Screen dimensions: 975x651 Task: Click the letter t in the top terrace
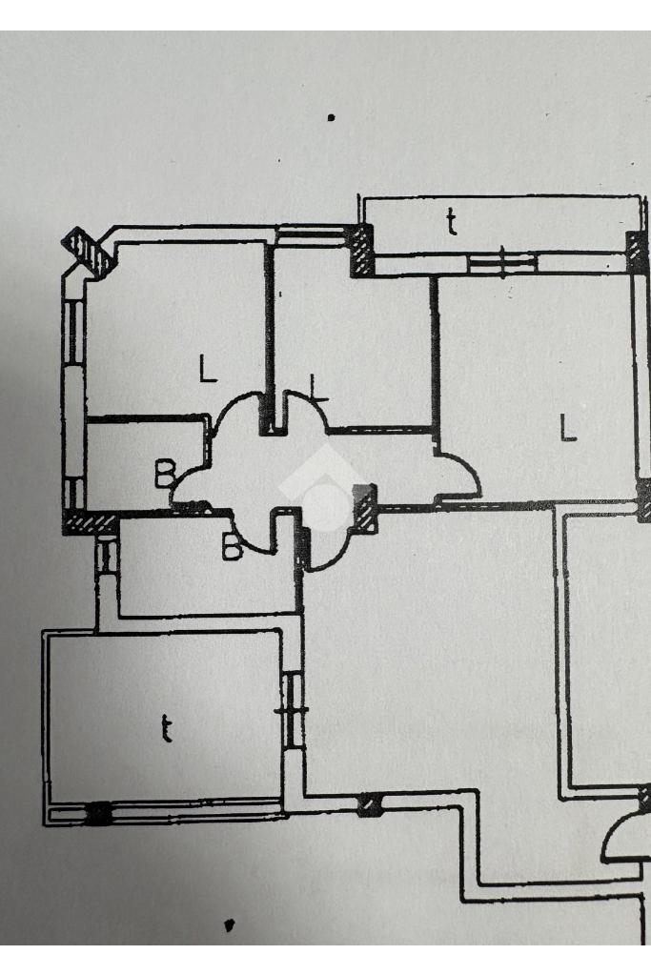(x=452, y=222)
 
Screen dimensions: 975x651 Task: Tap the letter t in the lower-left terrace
(x=166, y=730)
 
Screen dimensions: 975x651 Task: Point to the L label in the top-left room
(x=207, y=369)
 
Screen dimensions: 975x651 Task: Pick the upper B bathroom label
(x=165, y=471)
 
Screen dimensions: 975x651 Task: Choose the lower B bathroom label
(x=232, y=547)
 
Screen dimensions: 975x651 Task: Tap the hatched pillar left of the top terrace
(x=362, y=251)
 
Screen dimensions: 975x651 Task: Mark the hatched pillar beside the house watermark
(x=365, y=508)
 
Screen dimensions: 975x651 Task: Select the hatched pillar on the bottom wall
(x=369, y=806)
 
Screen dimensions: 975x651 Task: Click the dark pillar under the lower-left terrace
(x=98, y=813)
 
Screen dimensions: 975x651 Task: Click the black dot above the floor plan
(x=331, y=118)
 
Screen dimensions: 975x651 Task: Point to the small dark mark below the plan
(x=228, y=924)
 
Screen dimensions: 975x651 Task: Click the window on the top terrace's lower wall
(x=503, y=259)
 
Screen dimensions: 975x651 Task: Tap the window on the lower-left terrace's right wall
(x=292, y=709)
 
